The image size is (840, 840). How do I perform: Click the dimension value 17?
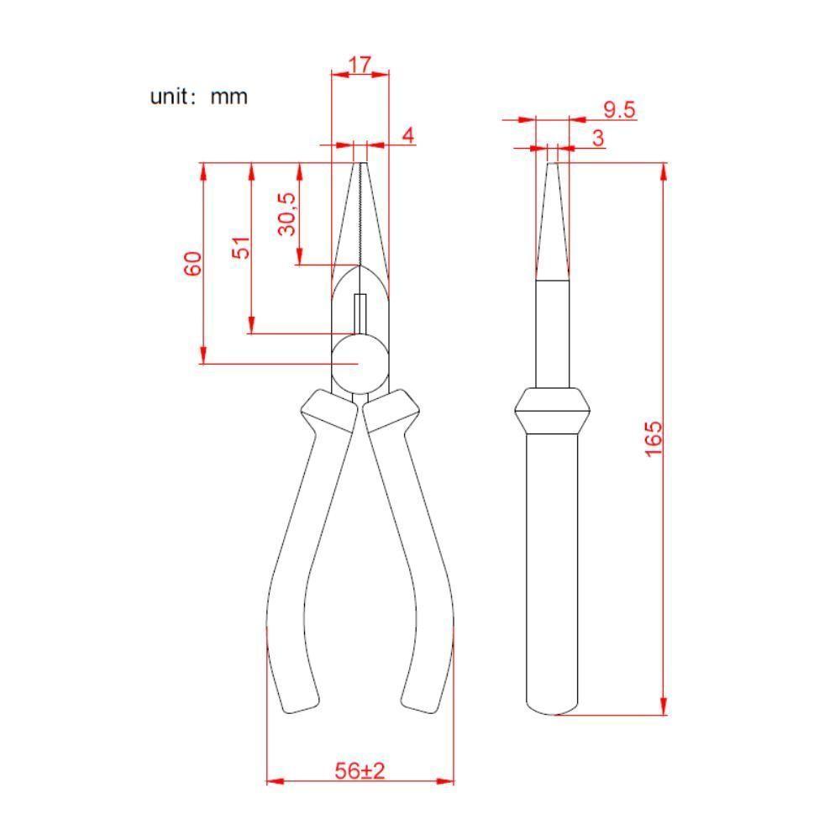tap(360, 65)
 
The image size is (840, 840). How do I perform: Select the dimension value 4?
tap(408, 135)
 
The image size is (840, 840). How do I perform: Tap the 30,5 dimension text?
tap(287, 213)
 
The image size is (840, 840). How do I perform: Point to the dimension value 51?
tap(241, 247)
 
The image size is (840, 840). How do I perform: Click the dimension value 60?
tap(193, 264)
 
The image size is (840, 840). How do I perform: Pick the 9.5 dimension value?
tap(619, 110)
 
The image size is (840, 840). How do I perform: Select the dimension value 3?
tap(598, 139)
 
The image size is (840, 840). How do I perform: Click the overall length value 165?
tap(653, 438)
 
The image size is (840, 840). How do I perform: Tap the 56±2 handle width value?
tap(360, 771)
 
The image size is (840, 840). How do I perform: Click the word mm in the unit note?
tap(228, 97)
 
